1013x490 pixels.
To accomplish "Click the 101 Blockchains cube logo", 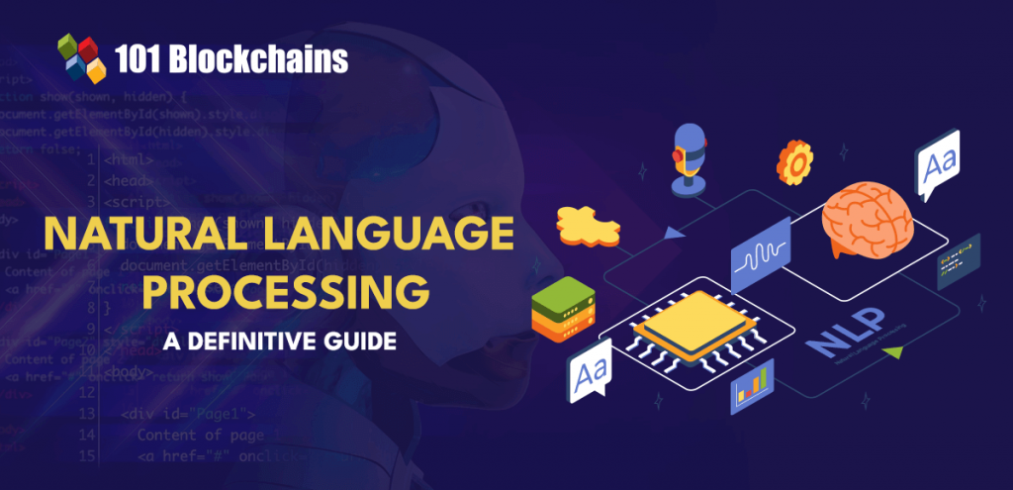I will coord(82,57).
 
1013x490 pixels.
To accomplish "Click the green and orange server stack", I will coord(558,308).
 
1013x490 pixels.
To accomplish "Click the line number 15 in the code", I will coord(89,454).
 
